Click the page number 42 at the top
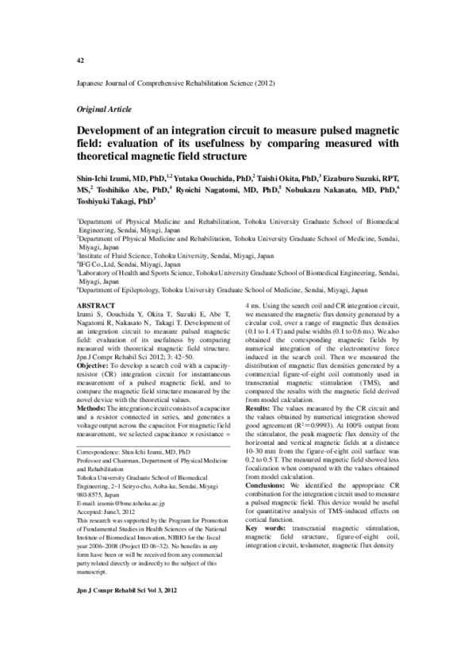tap(80, 60)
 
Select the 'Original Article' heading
tap(104, 108)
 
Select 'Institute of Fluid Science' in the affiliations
tap(118, 256)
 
